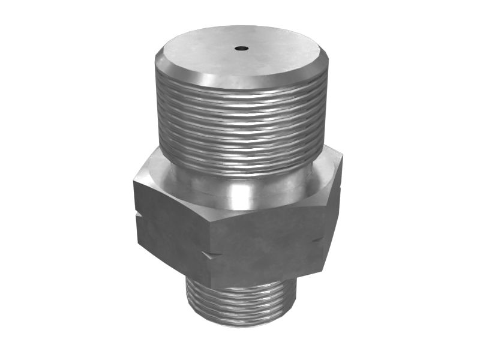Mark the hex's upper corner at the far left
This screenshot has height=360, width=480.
pos(134,180)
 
